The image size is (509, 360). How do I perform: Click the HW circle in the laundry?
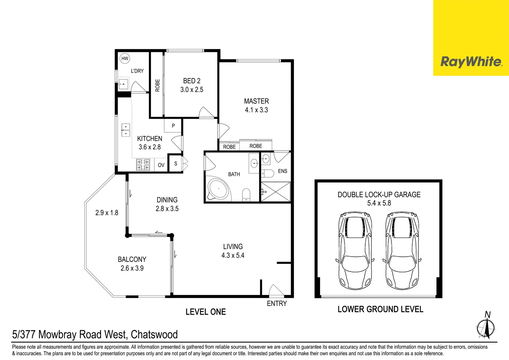point(125,58)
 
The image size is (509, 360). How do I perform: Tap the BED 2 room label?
point(192,81)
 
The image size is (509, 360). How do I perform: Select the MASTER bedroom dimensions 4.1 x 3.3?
point(256,110)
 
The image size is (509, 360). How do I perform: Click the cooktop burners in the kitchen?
point(143,165)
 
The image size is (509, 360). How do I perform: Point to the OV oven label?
point(161,165)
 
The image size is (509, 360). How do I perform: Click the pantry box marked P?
point(173,125)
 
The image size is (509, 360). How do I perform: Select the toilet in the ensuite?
point(268,174)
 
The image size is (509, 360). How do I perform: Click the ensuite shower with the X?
point(275,191)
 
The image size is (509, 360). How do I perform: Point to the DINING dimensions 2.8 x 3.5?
point(167,209)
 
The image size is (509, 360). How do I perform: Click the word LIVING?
point(233,247)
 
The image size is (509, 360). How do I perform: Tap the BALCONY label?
point(132,259)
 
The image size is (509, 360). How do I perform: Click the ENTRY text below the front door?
point(277,303)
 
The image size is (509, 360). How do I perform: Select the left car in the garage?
point(355,251)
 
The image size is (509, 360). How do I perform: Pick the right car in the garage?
point(402,251)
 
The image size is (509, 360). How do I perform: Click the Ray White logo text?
point(471,62)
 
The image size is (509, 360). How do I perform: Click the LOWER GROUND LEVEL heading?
point(380,309)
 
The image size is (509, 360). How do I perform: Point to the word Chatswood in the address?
point(154,335)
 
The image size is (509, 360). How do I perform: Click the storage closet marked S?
point(176,164)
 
